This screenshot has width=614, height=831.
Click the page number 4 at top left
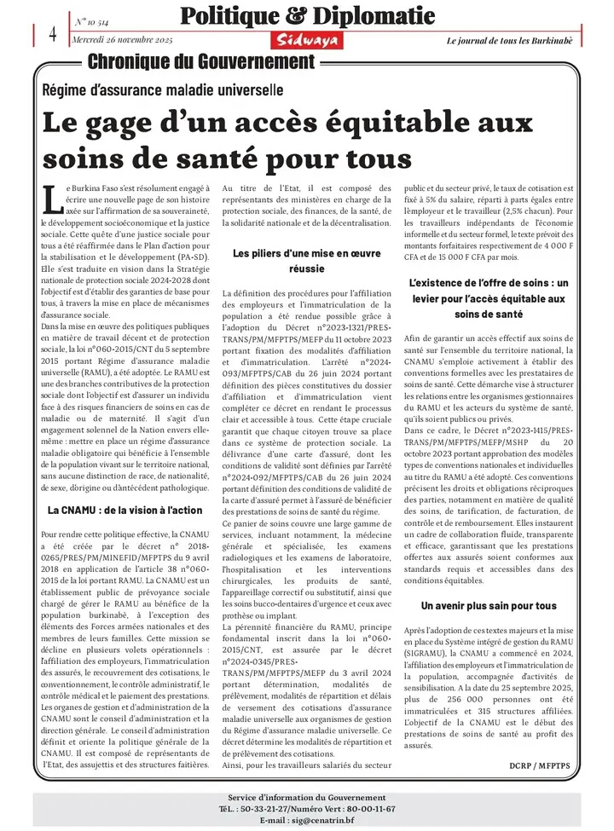pyautogui.click(x=52, y=33)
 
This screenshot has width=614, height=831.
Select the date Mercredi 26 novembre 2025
pyautogui.click(x=124, y=41)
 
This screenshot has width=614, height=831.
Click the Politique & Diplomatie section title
pyautogui.click(x=307, y=16)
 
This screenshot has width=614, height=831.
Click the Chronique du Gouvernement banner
pyautogui.click(x=201, y=62)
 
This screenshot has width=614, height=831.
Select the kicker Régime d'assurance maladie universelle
pyautogui.click(x=164, y=89)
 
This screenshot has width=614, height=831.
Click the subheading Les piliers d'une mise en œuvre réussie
pyautogui.click(x=306, y=260)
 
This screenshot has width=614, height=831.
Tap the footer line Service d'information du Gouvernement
pyautogui.click(x=306, y=797)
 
